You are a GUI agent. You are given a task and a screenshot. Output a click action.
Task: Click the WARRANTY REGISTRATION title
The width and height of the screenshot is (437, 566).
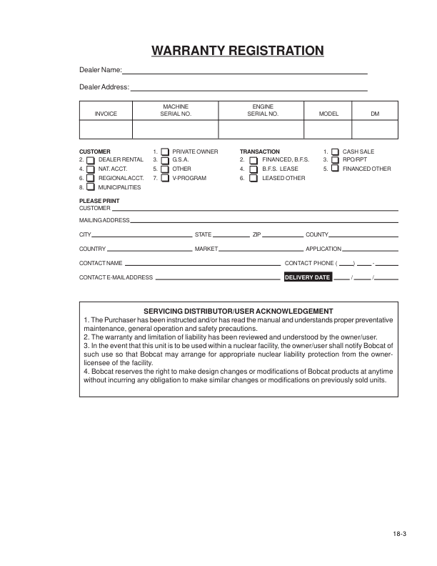238,51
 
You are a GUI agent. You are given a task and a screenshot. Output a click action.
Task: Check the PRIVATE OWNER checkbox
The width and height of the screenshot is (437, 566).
165,152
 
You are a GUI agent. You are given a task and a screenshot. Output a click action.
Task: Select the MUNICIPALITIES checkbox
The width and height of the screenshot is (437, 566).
90,187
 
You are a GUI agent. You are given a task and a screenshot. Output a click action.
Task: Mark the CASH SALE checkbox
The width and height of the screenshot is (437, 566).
335,152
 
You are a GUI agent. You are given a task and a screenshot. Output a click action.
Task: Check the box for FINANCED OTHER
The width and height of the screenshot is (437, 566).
335,169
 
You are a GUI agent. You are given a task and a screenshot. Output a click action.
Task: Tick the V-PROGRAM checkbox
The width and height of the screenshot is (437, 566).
165,178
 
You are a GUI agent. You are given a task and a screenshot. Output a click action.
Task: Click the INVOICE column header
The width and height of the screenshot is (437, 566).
106,114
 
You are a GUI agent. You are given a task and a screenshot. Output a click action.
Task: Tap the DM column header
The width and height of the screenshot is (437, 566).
375,114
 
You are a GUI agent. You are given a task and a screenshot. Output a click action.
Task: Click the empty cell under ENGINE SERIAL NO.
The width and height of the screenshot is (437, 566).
262,129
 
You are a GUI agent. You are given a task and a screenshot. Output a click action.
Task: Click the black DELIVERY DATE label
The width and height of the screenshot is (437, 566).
308,277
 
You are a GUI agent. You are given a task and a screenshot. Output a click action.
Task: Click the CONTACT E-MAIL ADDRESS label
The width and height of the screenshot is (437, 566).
116,277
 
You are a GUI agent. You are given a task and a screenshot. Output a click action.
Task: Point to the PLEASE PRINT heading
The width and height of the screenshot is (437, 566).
99,201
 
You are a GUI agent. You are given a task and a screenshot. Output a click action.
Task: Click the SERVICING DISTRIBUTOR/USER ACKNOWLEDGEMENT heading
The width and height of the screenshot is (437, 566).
238,311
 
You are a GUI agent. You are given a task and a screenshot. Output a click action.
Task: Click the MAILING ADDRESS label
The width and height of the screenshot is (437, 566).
104,220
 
